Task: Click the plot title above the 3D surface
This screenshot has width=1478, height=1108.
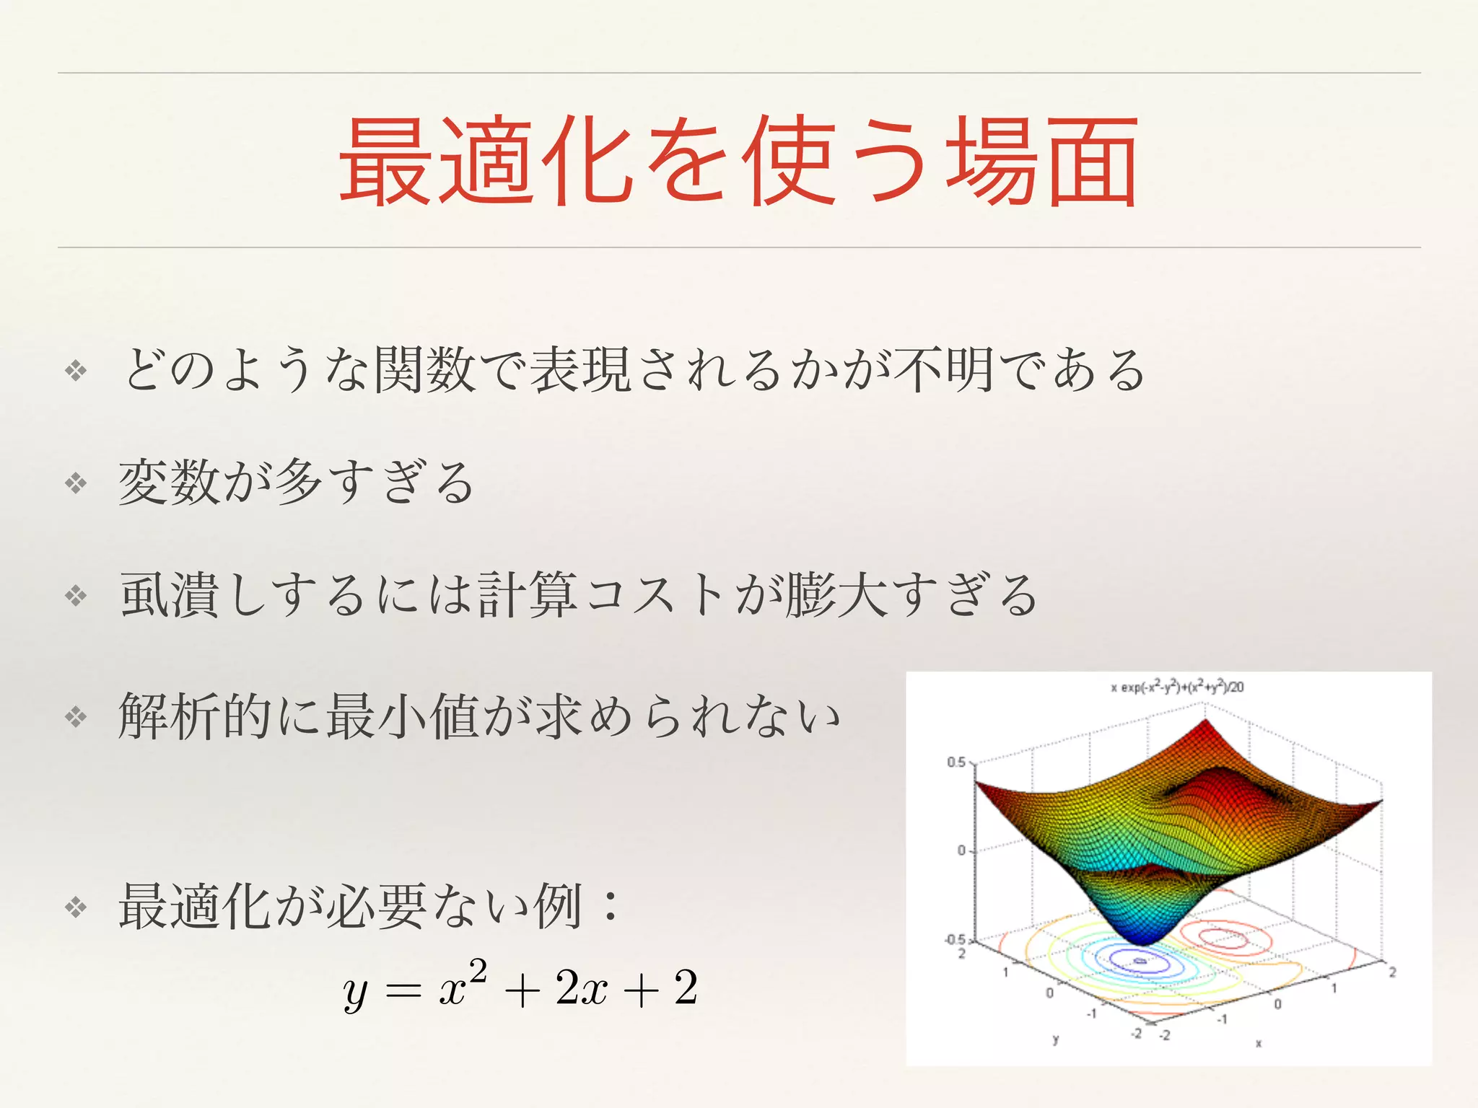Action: coord(1177,687)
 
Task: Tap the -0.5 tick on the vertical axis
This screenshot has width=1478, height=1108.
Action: coord(956,940)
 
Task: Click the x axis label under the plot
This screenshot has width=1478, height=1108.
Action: coord(1259,1043)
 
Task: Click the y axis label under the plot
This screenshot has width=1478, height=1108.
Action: coord(1056,1039)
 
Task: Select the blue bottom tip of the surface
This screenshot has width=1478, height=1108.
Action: coord(1142,940)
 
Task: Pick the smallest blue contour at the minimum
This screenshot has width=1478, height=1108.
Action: coord(1140,961)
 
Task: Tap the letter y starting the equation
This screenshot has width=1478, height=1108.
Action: coord(355,992)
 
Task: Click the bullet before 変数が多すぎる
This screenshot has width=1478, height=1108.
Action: coord(76,483)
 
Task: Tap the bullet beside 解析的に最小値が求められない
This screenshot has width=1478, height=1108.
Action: coord(76,716)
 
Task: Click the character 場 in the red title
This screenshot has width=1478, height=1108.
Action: coord(992,162)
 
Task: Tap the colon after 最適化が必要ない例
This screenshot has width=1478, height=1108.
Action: coord(611,906)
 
